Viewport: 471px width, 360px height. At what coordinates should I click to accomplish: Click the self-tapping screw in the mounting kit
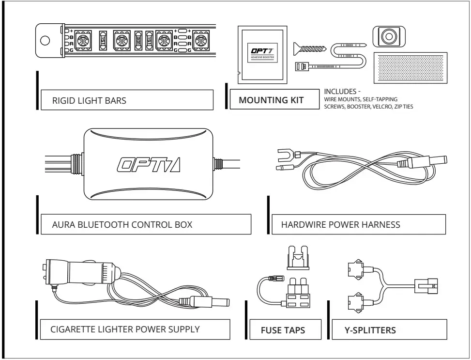tap(311, 48)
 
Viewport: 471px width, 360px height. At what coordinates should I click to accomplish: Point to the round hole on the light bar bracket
tap(45, 40)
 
